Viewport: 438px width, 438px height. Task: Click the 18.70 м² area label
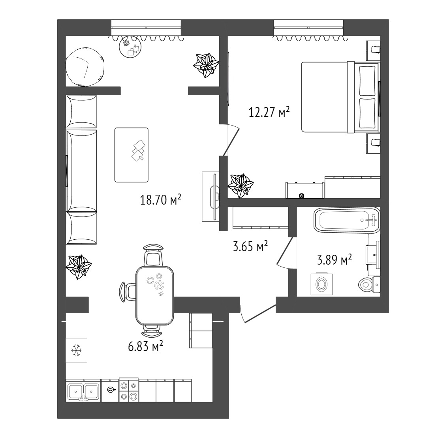pos(161,200)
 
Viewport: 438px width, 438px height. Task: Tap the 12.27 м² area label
pos(269,112)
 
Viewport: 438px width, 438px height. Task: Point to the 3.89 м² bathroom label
pos(335,259)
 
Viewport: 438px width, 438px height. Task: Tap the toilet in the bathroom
pos(369,284)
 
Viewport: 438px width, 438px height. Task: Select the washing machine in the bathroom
pos(321,284)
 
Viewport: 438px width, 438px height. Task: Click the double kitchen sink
pos(83,391)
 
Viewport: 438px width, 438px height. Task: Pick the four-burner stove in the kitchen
pos(129,390)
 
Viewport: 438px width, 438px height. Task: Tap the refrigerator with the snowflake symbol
pos(76,350)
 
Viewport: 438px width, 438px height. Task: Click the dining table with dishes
pos(154,295)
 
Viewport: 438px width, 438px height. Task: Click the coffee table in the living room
pos(131,155)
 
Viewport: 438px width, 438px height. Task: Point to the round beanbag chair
pos(85,68)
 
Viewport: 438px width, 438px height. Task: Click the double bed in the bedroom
pos(340,97)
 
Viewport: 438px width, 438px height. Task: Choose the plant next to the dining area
pos(79,267)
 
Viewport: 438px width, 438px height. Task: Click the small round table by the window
pos(130,48)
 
